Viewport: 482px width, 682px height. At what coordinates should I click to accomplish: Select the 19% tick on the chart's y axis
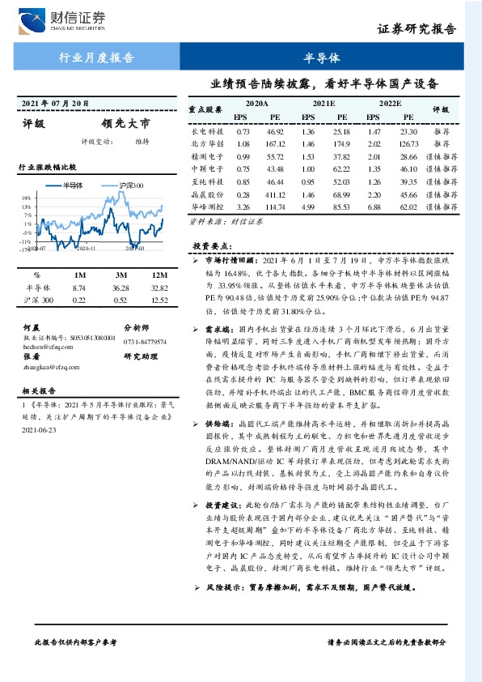click(x=27, y=198)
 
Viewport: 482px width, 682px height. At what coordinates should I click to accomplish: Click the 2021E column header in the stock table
click(x=323, y=104)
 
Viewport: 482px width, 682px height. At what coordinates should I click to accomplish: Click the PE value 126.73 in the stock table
click(x=408, y=143)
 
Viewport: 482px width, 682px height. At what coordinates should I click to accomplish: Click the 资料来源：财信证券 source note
click(x=216, y=221)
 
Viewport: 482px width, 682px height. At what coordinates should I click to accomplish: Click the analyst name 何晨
click(x=32, y=326)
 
